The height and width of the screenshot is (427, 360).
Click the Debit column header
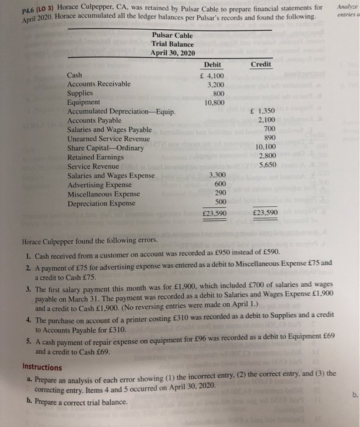213,64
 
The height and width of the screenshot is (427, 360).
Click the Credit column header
261,64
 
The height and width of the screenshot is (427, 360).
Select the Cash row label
73,74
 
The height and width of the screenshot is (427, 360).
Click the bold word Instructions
41,367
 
